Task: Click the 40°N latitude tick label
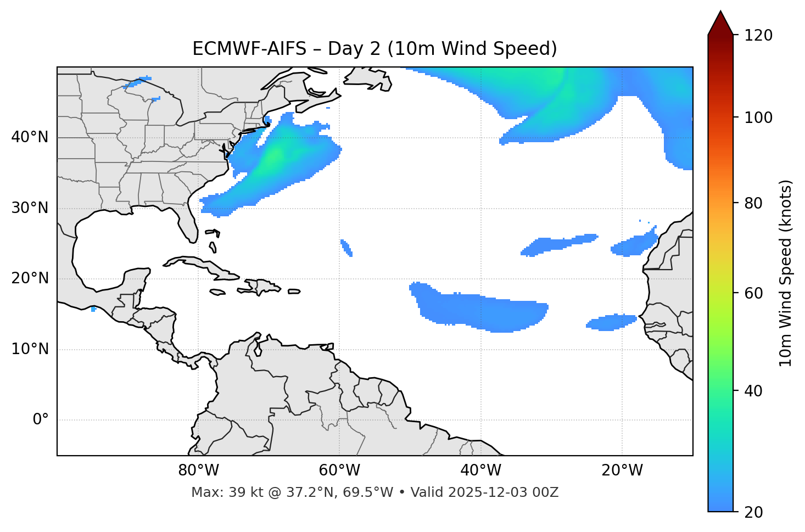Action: tap(30, 137)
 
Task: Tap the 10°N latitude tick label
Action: tap(30, 349)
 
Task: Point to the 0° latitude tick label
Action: tap(41, 420)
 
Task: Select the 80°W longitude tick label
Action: tap(198, 471)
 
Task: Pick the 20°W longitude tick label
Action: tap(622, 471)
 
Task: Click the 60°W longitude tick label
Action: tap(339, 471)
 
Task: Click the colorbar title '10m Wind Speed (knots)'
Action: tap(786, 273)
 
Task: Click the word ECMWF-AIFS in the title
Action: tap(249, 49)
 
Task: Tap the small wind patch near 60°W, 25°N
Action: tap(346, 248)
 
